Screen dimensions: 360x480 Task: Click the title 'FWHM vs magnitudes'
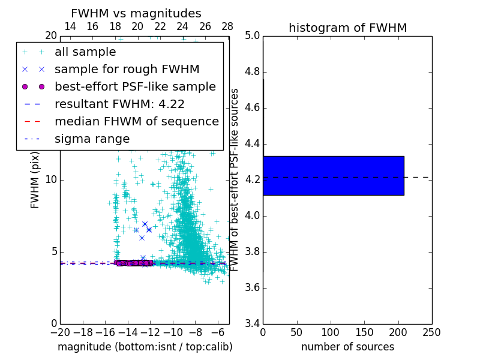[x=136, y=13]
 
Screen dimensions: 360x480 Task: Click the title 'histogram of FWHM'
[x=347, y=28]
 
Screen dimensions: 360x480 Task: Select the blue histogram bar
[x=333, y=175]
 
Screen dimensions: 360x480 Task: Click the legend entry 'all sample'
[x=85, y=52]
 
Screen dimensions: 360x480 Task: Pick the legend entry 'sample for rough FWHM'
[x=127, y=69]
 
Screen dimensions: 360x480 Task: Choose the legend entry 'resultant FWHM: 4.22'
[x=119, y=104]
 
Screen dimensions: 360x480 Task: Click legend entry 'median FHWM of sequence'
[x=136, y=121]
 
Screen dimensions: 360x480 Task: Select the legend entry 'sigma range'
[x=92, y=139]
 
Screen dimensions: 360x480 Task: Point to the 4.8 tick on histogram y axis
[x=253, y=72]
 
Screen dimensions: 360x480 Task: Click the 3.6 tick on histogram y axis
[x=253, y=287]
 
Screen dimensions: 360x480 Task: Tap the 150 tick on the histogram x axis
[x=364, y=332]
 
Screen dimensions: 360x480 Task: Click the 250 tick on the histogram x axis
[x=431, y=332]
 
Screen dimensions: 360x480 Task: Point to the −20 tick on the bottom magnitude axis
[x=60, y=332]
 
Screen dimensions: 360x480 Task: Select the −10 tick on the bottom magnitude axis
[x=173, y=332]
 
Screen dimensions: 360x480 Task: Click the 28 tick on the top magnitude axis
[x=227, y=26]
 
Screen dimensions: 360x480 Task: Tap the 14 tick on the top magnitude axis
[x=70, y=26]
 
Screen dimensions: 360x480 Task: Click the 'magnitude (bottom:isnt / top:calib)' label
[x=145, y=347]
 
